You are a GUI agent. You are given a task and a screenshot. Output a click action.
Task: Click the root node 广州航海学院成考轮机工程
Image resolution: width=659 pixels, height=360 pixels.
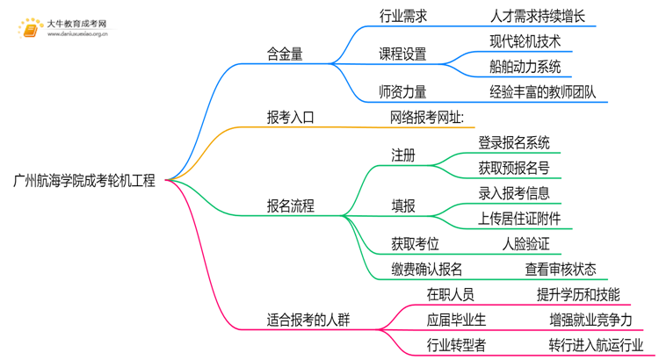tap(84, 181)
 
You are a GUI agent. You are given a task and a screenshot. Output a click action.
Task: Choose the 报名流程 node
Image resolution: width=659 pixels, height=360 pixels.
tap(291, 206)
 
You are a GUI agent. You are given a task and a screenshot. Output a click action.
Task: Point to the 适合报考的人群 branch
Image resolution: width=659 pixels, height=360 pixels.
tap(308, 320)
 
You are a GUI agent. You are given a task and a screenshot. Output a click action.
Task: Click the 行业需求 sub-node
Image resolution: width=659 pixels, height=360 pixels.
tap(403, 16)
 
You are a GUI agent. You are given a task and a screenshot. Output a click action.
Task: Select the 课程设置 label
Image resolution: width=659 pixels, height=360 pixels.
tap(403, 54)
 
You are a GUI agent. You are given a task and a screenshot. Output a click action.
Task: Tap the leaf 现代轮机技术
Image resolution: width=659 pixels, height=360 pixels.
tap(525, 41)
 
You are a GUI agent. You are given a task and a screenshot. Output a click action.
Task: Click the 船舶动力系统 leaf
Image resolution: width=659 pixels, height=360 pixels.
tap(525, 67)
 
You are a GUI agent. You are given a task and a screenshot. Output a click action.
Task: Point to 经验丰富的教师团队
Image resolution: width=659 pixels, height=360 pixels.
tap(543, 92)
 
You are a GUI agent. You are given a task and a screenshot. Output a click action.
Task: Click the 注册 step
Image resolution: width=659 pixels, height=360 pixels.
tap(403, 155)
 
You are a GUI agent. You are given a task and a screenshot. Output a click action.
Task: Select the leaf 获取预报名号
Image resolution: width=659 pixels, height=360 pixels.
tap(514, 168)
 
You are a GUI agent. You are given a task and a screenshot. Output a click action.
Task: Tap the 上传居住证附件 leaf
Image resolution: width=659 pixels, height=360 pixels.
tap(519, 219)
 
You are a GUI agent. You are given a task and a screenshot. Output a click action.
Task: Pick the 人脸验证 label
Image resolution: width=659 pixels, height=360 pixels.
tap(525, 244)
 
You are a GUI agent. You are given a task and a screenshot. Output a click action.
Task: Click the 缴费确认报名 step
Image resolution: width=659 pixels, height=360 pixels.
tap(427, 270)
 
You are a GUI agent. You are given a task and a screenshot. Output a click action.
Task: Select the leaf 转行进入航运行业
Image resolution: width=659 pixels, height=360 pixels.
tap(595, 345)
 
